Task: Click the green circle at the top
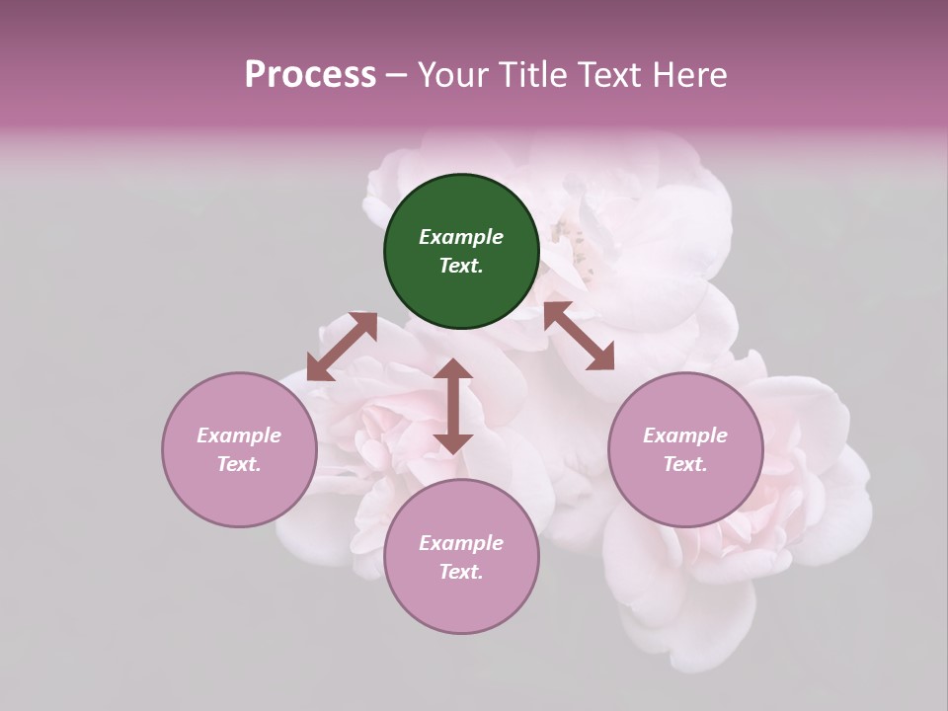click(461, 252)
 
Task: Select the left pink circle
click(239, 450)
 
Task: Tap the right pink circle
click(685, 450)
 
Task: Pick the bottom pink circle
click(461, 558)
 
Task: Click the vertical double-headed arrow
click(453, 406)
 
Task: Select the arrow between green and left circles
click(342, 347)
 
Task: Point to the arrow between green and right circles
click(579, 336)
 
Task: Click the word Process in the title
click(310, 75)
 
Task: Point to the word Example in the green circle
click(461, 237)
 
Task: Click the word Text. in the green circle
click(461, 266)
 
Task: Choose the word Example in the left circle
click(239, 435)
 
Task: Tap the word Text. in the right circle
click(685, 464)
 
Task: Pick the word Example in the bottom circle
click(461, 543)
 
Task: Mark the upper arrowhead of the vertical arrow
click(453, 371)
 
